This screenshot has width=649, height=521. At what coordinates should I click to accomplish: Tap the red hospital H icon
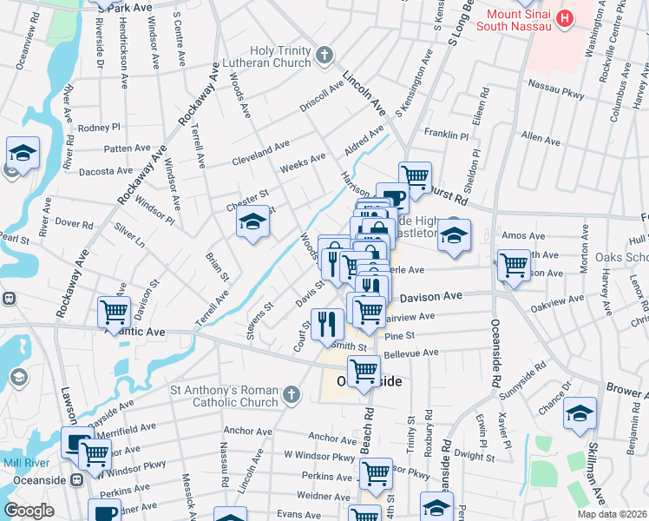pos(565,17)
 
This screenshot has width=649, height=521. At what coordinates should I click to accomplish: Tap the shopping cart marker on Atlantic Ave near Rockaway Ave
pos(113,313)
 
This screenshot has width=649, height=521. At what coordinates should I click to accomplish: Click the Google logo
pos(29,511)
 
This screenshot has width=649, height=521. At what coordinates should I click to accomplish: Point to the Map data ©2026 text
pos(613,514)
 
